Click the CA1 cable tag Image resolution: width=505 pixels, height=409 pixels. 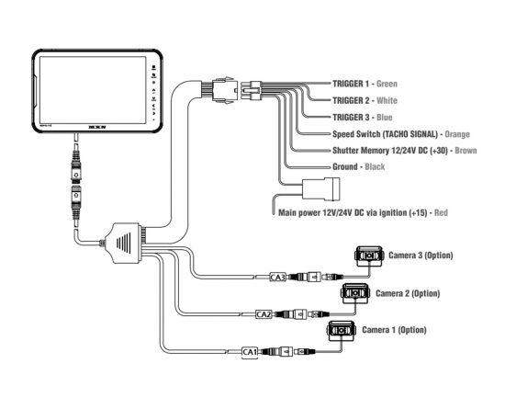tap(250, 352)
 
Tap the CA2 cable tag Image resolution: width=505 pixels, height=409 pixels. tap(264, 314)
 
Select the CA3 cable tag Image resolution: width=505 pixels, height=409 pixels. tap(277, 277)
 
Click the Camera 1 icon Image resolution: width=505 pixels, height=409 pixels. tap(341, 331)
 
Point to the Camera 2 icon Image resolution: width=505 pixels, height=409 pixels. tap(355, 293)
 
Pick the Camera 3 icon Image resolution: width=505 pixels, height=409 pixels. tap(369, 256)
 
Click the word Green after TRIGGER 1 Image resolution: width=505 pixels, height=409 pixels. tap(387, 84)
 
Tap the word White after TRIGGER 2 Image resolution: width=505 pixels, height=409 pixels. tap(387, 100)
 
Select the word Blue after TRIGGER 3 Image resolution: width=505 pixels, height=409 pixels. tap(384, 118)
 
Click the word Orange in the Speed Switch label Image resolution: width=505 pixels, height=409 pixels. tap(457, 134)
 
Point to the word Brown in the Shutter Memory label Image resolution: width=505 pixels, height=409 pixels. tap(466, 151)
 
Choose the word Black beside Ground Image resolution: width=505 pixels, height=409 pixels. tap(375, 166)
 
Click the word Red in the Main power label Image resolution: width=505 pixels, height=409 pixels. tap(441, 212)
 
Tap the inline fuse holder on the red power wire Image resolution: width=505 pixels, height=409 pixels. tap(320, 188)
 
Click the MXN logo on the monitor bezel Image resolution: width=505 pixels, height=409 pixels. tap(97, 128)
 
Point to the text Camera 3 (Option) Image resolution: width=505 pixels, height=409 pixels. tap(421, 256)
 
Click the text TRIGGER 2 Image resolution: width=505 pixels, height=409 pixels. tap(351, 100)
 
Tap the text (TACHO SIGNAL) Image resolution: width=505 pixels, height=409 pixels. tap(410, 134)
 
